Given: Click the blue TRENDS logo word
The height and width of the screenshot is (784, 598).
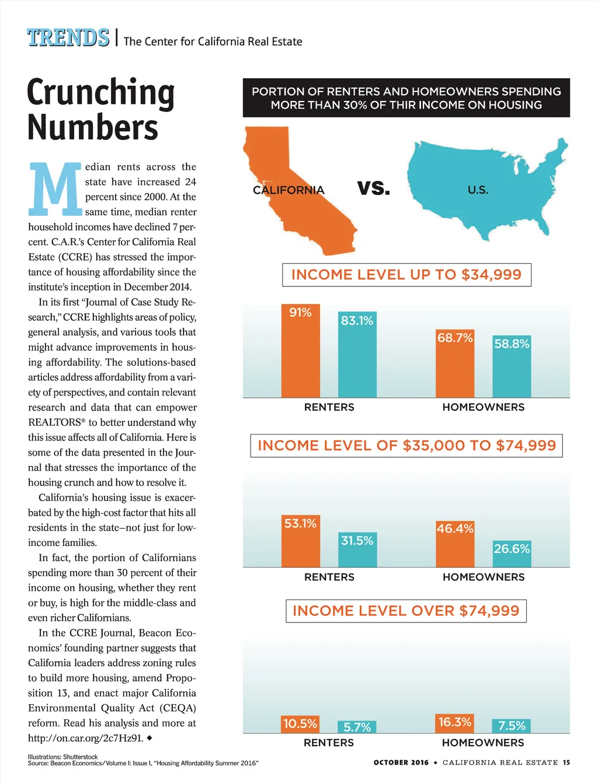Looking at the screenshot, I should click(x=68, y=38).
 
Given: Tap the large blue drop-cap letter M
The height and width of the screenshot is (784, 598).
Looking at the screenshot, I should click(x=55, y=188).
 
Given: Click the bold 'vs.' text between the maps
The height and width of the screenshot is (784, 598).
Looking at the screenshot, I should click(x=374, y=188).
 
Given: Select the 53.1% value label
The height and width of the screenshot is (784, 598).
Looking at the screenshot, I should click(x=301, y=523).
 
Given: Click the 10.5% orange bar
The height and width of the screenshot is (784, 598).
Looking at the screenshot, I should click(x=301, y=724).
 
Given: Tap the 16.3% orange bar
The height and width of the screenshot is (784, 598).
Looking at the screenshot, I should click(x=455, y=723).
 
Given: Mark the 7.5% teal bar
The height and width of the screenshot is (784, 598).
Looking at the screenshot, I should click(x=512, y=726).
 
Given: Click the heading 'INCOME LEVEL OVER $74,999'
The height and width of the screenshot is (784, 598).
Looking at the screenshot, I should click(x=406, y=611).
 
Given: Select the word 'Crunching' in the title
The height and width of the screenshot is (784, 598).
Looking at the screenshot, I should click(x=101, y=93).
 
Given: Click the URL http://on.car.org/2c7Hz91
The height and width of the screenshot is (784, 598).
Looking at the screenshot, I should click(x=85, y=738).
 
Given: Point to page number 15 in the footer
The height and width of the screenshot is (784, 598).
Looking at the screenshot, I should click(x=566, y=762).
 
